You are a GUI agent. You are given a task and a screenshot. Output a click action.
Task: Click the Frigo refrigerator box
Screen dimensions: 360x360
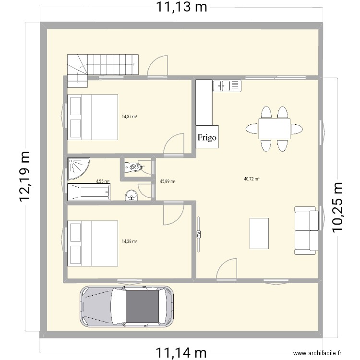coord(207,137)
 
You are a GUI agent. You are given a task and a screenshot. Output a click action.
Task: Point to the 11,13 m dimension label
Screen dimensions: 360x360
coord(180,7)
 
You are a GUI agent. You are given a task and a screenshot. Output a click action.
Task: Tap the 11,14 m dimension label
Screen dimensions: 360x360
coord(180,353)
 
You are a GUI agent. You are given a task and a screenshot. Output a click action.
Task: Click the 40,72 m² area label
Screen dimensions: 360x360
coord(252,179)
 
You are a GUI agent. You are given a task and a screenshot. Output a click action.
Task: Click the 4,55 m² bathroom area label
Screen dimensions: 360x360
coord(103,181)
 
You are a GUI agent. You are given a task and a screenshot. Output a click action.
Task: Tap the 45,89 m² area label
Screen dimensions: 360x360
coord(168,181)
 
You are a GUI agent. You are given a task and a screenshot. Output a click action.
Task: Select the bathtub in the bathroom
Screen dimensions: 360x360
coord(89,193)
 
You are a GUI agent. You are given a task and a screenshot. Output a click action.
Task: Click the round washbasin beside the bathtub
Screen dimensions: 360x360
coord(131,195)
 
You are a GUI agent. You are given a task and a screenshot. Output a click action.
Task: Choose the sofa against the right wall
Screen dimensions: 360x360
coord(305,230)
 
